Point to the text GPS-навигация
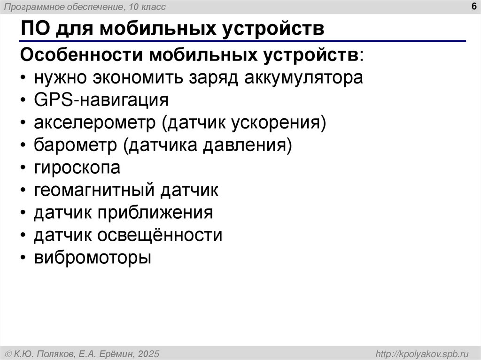[x=101, y=100]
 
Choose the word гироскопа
[x=77, y=168]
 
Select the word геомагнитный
[x=94, y=190]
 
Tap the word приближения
[x=155, y=213]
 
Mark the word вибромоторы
[x=92, y=258]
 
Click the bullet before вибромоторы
[x=23, y=258]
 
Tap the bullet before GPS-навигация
[x=23, y=100]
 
